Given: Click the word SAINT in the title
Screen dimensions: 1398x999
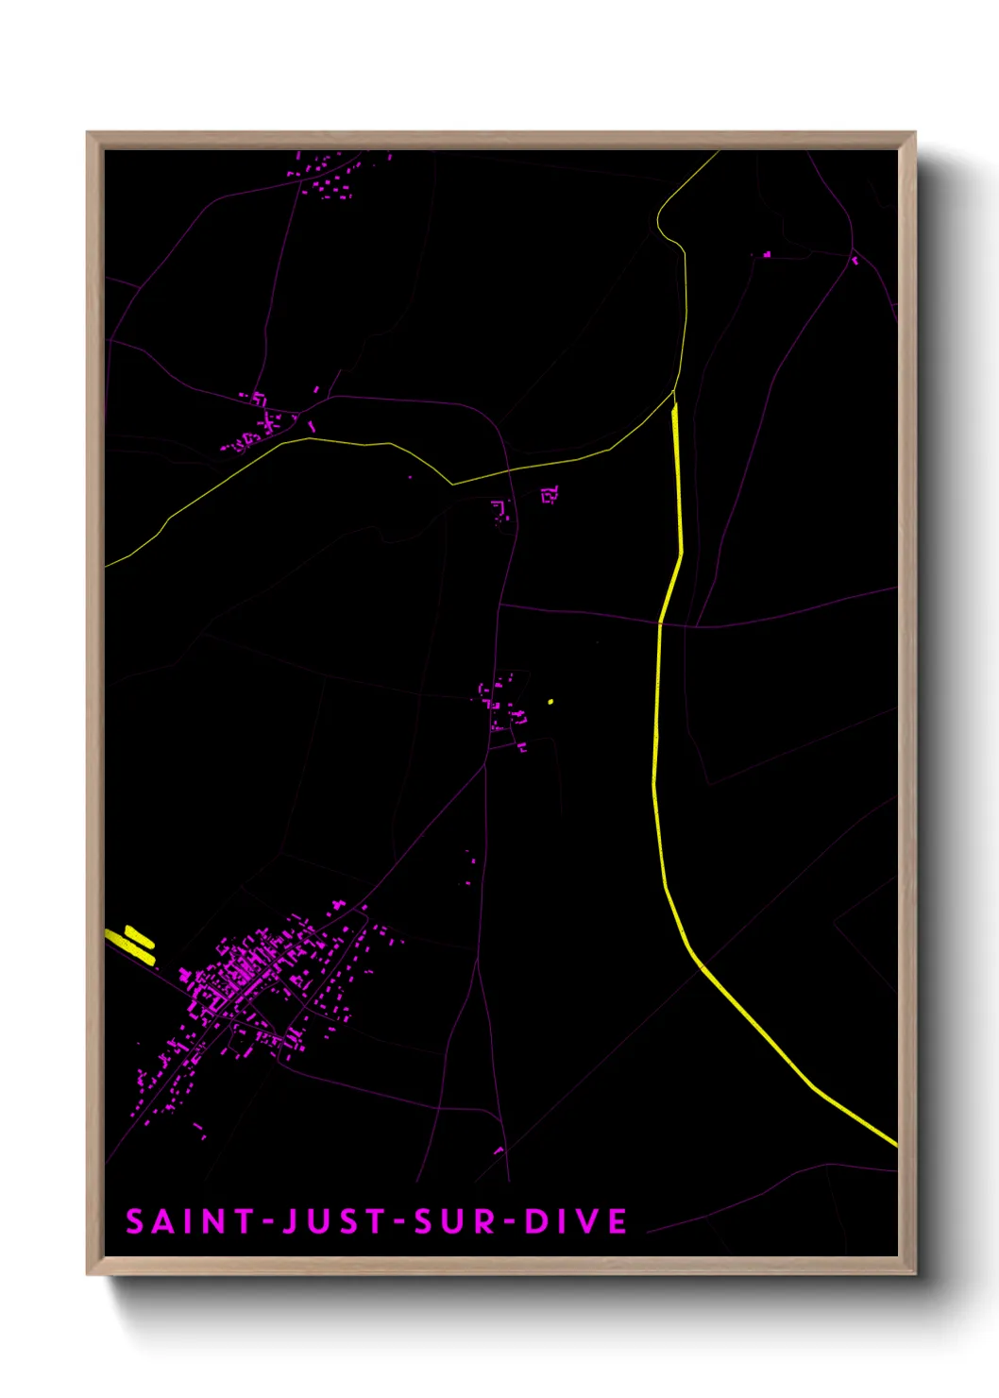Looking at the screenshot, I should coord(190,1221).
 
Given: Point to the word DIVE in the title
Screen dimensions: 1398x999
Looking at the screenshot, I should coord(576,1221).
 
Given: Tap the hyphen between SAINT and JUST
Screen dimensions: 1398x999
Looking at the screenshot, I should coord(267,1222).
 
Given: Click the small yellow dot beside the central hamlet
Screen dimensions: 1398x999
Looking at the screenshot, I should coord(550,702).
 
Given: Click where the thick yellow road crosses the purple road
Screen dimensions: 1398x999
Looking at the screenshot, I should coord(659,622).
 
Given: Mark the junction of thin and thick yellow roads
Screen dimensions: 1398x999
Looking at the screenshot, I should coord(674,397).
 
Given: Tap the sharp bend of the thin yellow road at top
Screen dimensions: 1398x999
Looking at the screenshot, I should coord(660,223).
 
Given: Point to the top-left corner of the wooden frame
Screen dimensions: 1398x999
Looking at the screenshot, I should coord(89,134).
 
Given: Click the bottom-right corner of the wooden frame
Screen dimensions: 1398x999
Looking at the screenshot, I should coord(914,1273).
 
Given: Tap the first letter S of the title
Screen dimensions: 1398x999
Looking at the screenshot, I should coord(135,1221).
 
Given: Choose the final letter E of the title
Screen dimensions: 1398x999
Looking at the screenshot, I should coord(618,1221).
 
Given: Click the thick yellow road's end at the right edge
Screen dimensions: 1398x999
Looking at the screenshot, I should coord(893,1144).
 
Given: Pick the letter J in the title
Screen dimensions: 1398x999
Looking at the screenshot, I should coord(290,1221).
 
